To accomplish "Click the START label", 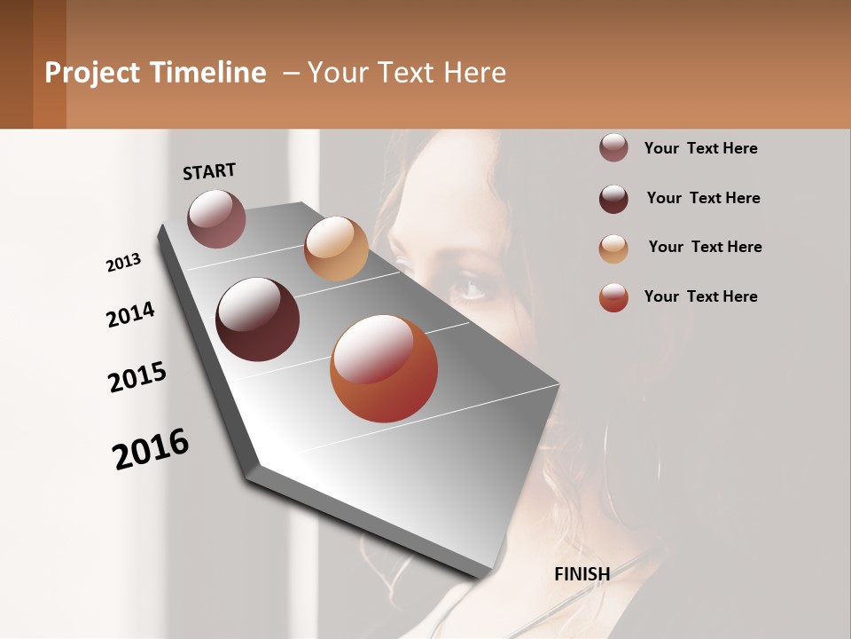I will pos(209,170).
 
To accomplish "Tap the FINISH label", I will pos(582,574).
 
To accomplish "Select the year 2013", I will pos(123,263).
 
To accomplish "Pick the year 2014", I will pos(130,315).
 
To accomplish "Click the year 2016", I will pos(151,449).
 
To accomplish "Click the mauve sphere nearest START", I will pos(216,218).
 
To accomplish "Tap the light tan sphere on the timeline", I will pos(336,248).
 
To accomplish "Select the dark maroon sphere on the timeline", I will pos(257,319).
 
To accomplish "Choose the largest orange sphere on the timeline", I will pos(384,368).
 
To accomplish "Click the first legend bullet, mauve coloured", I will pos(613,148).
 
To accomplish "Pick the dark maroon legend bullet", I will pos(613,198).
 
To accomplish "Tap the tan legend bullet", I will pos(613,248).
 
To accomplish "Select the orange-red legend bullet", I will pos(613,297).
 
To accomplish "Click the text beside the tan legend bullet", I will pos(705,247).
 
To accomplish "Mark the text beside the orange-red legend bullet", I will pos(700,296).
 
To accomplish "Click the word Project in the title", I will pos(92,73).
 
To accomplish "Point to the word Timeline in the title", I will pos(207,73).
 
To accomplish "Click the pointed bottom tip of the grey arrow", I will pos(483,574).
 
